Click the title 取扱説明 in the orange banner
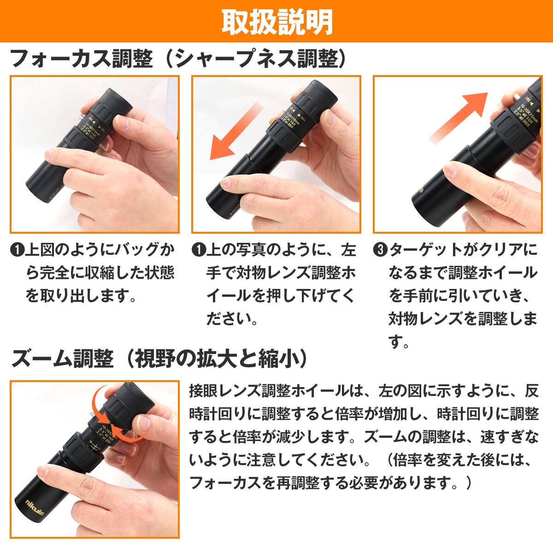276,21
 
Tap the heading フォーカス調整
81,59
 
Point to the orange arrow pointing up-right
458,117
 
